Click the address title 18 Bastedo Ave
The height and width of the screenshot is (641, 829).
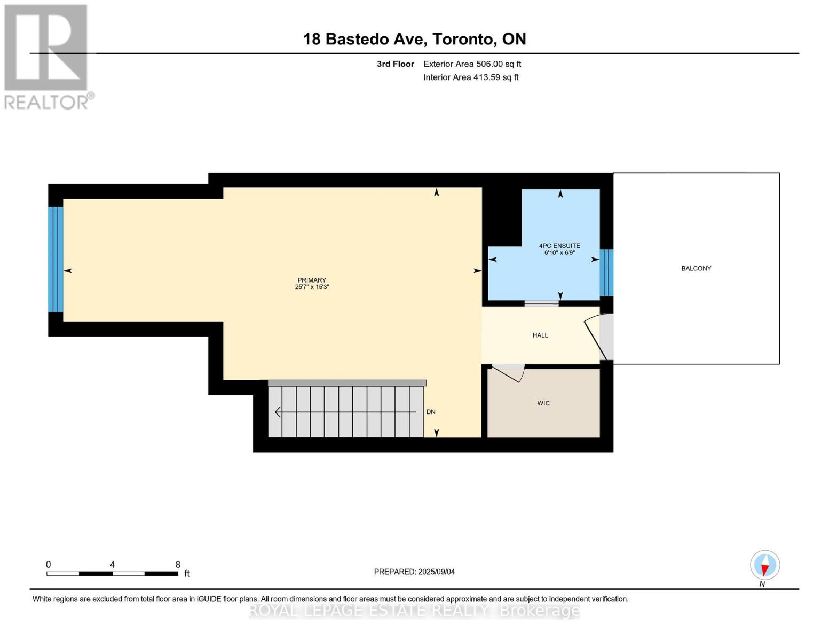click(x=414, y=39)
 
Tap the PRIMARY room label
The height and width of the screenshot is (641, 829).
click(x=312, y=280)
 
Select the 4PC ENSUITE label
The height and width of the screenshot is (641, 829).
click(x=559, y=246)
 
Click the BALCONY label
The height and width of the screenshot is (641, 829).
click(x=696, y=268)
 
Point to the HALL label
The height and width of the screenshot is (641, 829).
click(x=540, y=335)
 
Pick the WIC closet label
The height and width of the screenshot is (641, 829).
click(x=543, y=403)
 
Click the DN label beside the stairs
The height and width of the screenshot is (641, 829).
click(x=431, y=412)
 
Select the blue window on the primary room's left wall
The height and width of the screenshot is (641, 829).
click(x=56, y=259)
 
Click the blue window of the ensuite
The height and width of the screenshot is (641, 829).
click(x=606, y=272)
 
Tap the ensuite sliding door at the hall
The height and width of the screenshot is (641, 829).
click(x=541, y=303)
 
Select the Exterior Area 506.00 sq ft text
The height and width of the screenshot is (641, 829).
click(x=472, y=64)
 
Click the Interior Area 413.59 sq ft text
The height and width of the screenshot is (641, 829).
click(x=471, y=77)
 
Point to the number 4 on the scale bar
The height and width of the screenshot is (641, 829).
click(x=112, y=565)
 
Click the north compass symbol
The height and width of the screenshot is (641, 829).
click(x=765, y=565)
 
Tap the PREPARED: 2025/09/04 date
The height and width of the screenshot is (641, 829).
click(x=414, y=572)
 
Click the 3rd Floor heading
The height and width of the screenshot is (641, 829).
click(x=395, y=64)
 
